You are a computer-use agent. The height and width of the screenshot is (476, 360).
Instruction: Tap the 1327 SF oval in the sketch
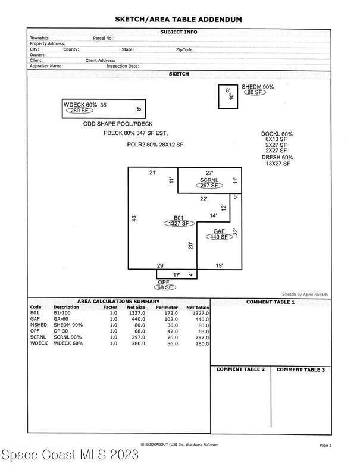(179, 223)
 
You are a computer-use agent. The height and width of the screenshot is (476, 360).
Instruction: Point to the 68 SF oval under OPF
(164, 287)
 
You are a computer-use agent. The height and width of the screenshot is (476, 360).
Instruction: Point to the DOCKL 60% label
(277, 134)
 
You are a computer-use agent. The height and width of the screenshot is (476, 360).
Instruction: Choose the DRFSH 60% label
(277, 158)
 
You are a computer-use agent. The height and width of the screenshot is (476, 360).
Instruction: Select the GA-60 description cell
(62, 320)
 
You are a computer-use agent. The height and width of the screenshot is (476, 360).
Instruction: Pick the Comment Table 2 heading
(240, 369)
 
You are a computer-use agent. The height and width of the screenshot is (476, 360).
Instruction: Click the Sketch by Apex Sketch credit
(305, 294)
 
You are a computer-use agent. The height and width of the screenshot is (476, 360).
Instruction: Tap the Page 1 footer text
(324, 446)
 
